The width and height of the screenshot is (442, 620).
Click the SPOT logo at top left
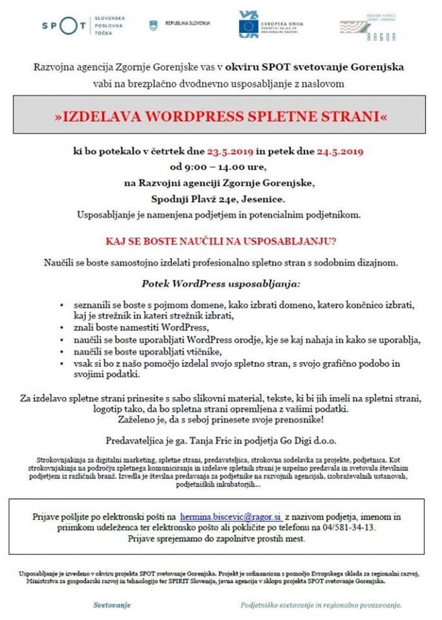[x=64, y=25]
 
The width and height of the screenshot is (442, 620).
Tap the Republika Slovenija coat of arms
[x=153, y=25]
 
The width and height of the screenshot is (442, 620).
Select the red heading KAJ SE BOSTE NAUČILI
[x=221, y=241]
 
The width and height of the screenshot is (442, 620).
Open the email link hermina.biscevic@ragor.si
[x=231, y=516]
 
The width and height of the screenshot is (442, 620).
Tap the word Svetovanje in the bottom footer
[x=112, y=604]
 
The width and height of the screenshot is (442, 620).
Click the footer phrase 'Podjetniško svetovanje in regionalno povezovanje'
[x=320, y=604]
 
